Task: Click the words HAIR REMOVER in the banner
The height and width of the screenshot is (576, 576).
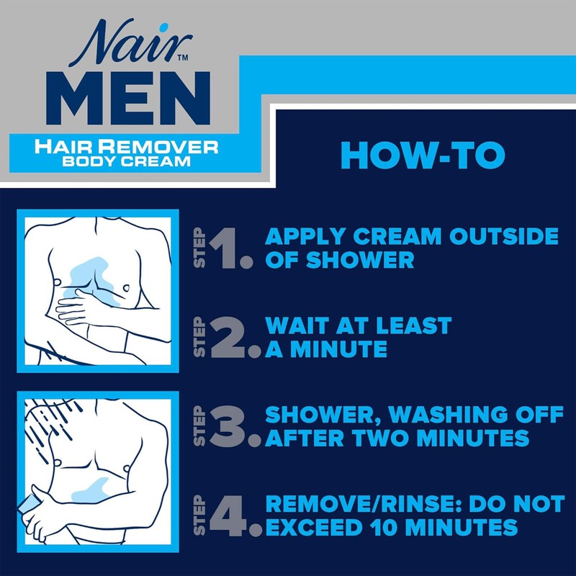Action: point(127,147)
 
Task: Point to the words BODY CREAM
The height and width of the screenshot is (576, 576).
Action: point(127,161)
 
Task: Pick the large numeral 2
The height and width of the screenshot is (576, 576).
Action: point(232,336)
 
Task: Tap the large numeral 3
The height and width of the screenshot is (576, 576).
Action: point(232,427)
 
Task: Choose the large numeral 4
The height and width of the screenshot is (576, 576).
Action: point(232,516)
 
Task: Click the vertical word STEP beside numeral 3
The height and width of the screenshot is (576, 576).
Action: point(202,427)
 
